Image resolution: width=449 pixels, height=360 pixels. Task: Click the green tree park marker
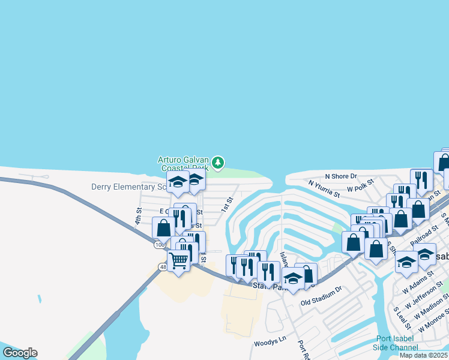point(218,162)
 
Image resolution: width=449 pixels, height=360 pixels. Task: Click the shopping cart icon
point(178,261)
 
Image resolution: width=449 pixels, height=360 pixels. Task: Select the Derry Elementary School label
point(129,187)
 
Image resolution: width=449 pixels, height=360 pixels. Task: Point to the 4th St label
point(138,216)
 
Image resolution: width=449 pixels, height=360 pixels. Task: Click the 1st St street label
point(226,205)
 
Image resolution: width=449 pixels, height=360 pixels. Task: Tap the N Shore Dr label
point(340,176)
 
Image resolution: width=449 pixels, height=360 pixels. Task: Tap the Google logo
point(20,353)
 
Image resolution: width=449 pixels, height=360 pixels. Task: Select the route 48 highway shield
point(163,267)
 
